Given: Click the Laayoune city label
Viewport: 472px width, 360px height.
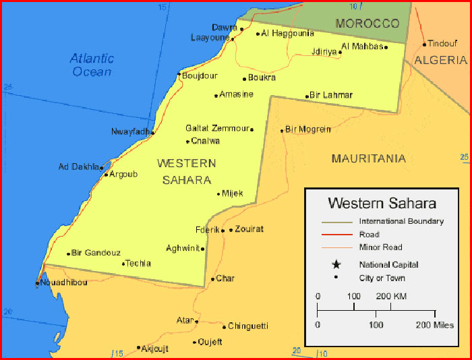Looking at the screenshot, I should (x=210, y=38).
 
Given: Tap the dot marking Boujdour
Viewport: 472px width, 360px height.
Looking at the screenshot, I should (x=179, y=74).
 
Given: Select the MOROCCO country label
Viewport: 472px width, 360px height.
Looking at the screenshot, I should (x=367, y=24).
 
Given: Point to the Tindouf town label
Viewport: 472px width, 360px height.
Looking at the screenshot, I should (x=442, y=43).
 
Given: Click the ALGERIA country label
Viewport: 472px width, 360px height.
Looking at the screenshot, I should (x=440, y=60).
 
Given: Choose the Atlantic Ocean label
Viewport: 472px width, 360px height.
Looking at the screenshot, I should (x=92, y=65).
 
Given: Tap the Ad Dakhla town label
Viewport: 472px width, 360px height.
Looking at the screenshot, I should (x=78, y=167).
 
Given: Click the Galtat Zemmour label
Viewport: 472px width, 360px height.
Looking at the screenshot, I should (x=216, y=128).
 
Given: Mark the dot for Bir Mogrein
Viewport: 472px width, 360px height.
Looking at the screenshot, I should (x=282, y=130).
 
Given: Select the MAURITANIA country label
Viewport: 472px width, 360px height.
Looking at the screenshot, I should (x=368, y=158).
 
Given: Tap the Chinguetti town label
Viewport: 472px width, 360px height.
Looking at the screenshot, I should (x=248, y=326).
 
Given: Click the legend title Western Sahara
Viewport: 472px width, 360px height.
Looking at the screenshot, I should (x=382, y=203).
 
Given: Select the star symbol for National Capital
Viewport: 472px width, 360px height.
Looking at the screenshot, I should (x=336, y=265).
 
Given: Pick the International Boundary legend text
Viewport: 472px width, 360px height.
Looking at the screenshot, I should (x=401, y=221).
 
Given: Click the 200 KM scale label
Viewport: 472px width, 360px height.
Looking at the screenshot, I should (x=391, y=296).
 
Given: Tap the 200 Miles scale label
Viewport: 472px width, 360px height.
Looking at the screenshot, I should (x=435, y=325).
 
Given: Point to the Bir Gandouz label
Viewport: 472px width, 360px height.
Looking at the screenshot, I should (x=96, y=253).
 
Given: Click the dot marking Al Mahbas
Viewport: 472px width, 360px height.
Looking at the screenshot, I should (x=386, y=47).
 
